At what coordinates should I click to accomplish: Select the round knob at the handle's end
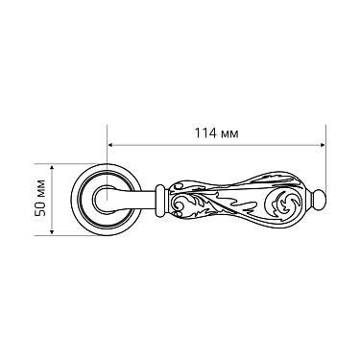point(322,203)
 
